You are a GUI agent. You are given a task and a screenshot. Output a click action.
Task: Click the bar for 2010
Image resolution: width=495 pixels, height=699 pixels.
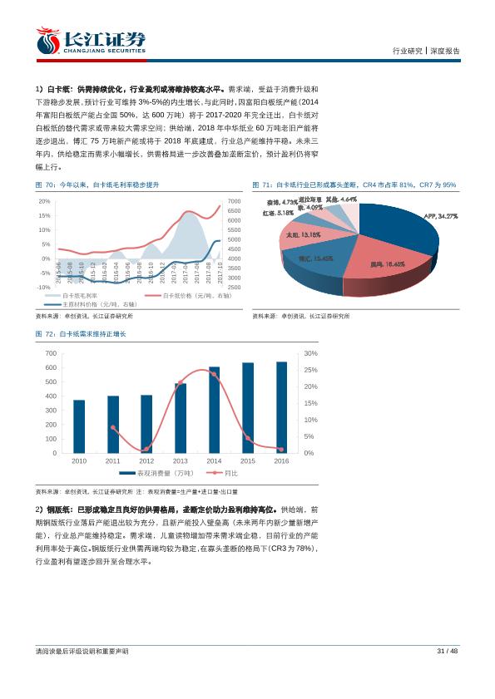click(79, 426)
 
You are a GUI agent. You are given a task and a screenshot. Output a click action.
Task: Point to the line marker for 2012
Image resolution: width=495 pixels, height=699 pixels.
click(146, 449)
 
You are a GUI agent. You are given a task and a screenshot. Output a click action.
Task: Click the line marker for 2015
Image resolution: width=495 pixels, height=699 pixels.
click(248, 438)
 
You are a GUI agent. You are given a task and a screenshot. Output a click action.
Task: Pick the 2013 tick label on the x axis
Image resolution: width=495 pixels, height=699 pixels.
click(180, 460)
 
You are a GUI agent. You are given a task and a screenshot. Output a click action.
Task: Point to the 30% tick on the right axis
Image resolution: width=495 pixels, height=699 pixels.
click(309, 353)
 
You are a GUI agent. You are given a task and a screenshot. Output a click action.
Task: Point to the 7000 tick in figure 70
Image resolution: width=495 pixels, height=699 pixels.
click(234, 201)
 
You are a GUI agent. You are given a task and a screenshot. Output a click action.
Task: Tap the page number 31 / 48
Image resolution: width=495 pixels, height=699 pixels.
click(448, 651)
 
